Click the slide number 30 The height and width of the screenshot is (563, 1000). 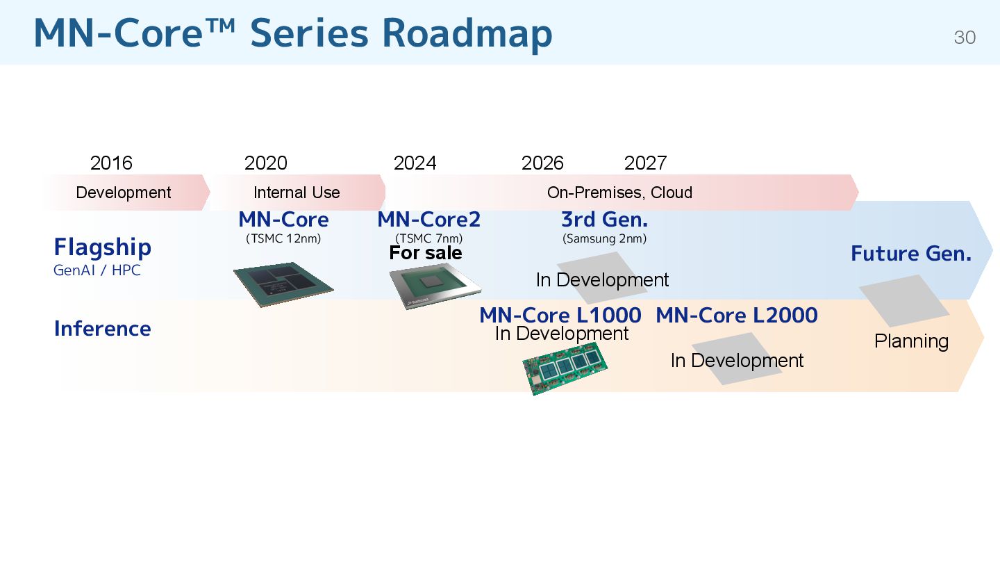pyautogui.click(x=965, y=38)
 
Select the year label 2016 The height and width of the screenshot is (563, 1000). pyautogui.click(x=111, y=163)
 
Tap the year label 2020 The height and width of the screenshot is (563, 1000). pyautogui.click(x=265, y=163)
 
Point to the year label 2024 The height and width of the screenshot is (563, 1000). pyautogui.click(x=415, y=163)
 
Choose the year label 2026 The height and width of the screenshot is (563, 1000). pyautogui.click(x=542, y=163)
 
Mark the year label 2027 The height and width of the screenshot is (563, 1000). pyautogui.click(x=645, y=163)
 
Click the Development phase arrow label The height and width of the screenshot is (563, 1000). pyautogui.click(x=124, y=193)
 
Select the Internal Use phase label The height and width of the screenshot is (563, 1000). pyautogui.click(x=297, y=193)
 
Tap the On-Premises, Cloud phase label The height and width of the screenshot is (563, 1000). pyautogui.click(x=619, y=193)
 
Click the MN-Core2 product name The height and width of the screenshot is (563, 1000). pyautogui.click(x=428, y=220)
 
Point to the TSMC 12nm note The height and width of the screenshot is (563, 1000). pyautogui.click(x=283, y=239)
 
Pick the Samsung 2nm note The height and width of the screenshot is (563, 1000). pyautogui.click(x=604, y=239)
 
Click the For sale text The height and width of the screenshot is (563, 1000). pyautogui.click(x=425, y=253)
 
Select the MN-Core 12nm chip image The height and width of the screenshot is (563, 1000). pyautogui.click(x=283, y=284)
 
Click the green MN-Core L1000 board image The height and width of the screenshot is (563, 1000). pyautogui.click(x=564, y=368)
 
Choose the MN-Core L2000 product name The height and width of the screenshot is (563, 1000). pyautogui.click(x=736, y=316)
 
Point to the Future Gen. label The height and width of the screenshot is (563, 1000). pyautogui.click(x=910, y=254)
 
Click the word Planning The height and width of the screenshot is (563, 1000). pyautogui.click(x=911, y=341)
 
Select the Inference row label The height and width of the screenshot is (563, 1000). pyautogui.click(x=102, y=329)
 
